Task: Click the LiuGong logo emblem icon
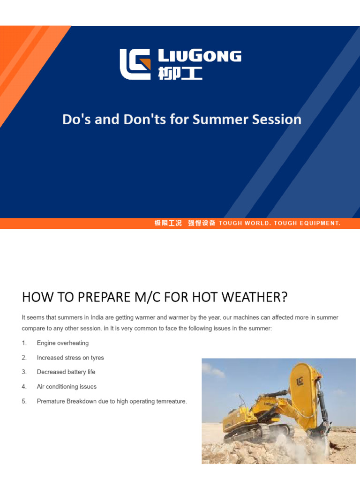pyautogui.click(x=135, y=64)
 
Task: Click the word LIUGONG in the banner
pyautogui.click(x=199, y=57)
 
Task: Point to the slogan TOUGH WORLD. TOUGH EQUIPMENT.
pyautogui.click(x=279, y=223)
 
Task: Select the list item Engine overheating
pyautogui.click(x=62, y=343)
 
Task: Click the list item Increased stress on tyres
pyautogui.click(x=70, y=358)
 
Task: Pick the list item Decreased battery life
pyautogui.click(x=66, y=372)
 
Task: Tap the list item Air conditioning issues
pyautogui.click(x=67, y=387)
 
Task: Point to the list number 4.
pyautogui.click(x=23, y=387)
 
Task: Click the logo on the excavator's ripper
pyautogui.click(x=300, y=381)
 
